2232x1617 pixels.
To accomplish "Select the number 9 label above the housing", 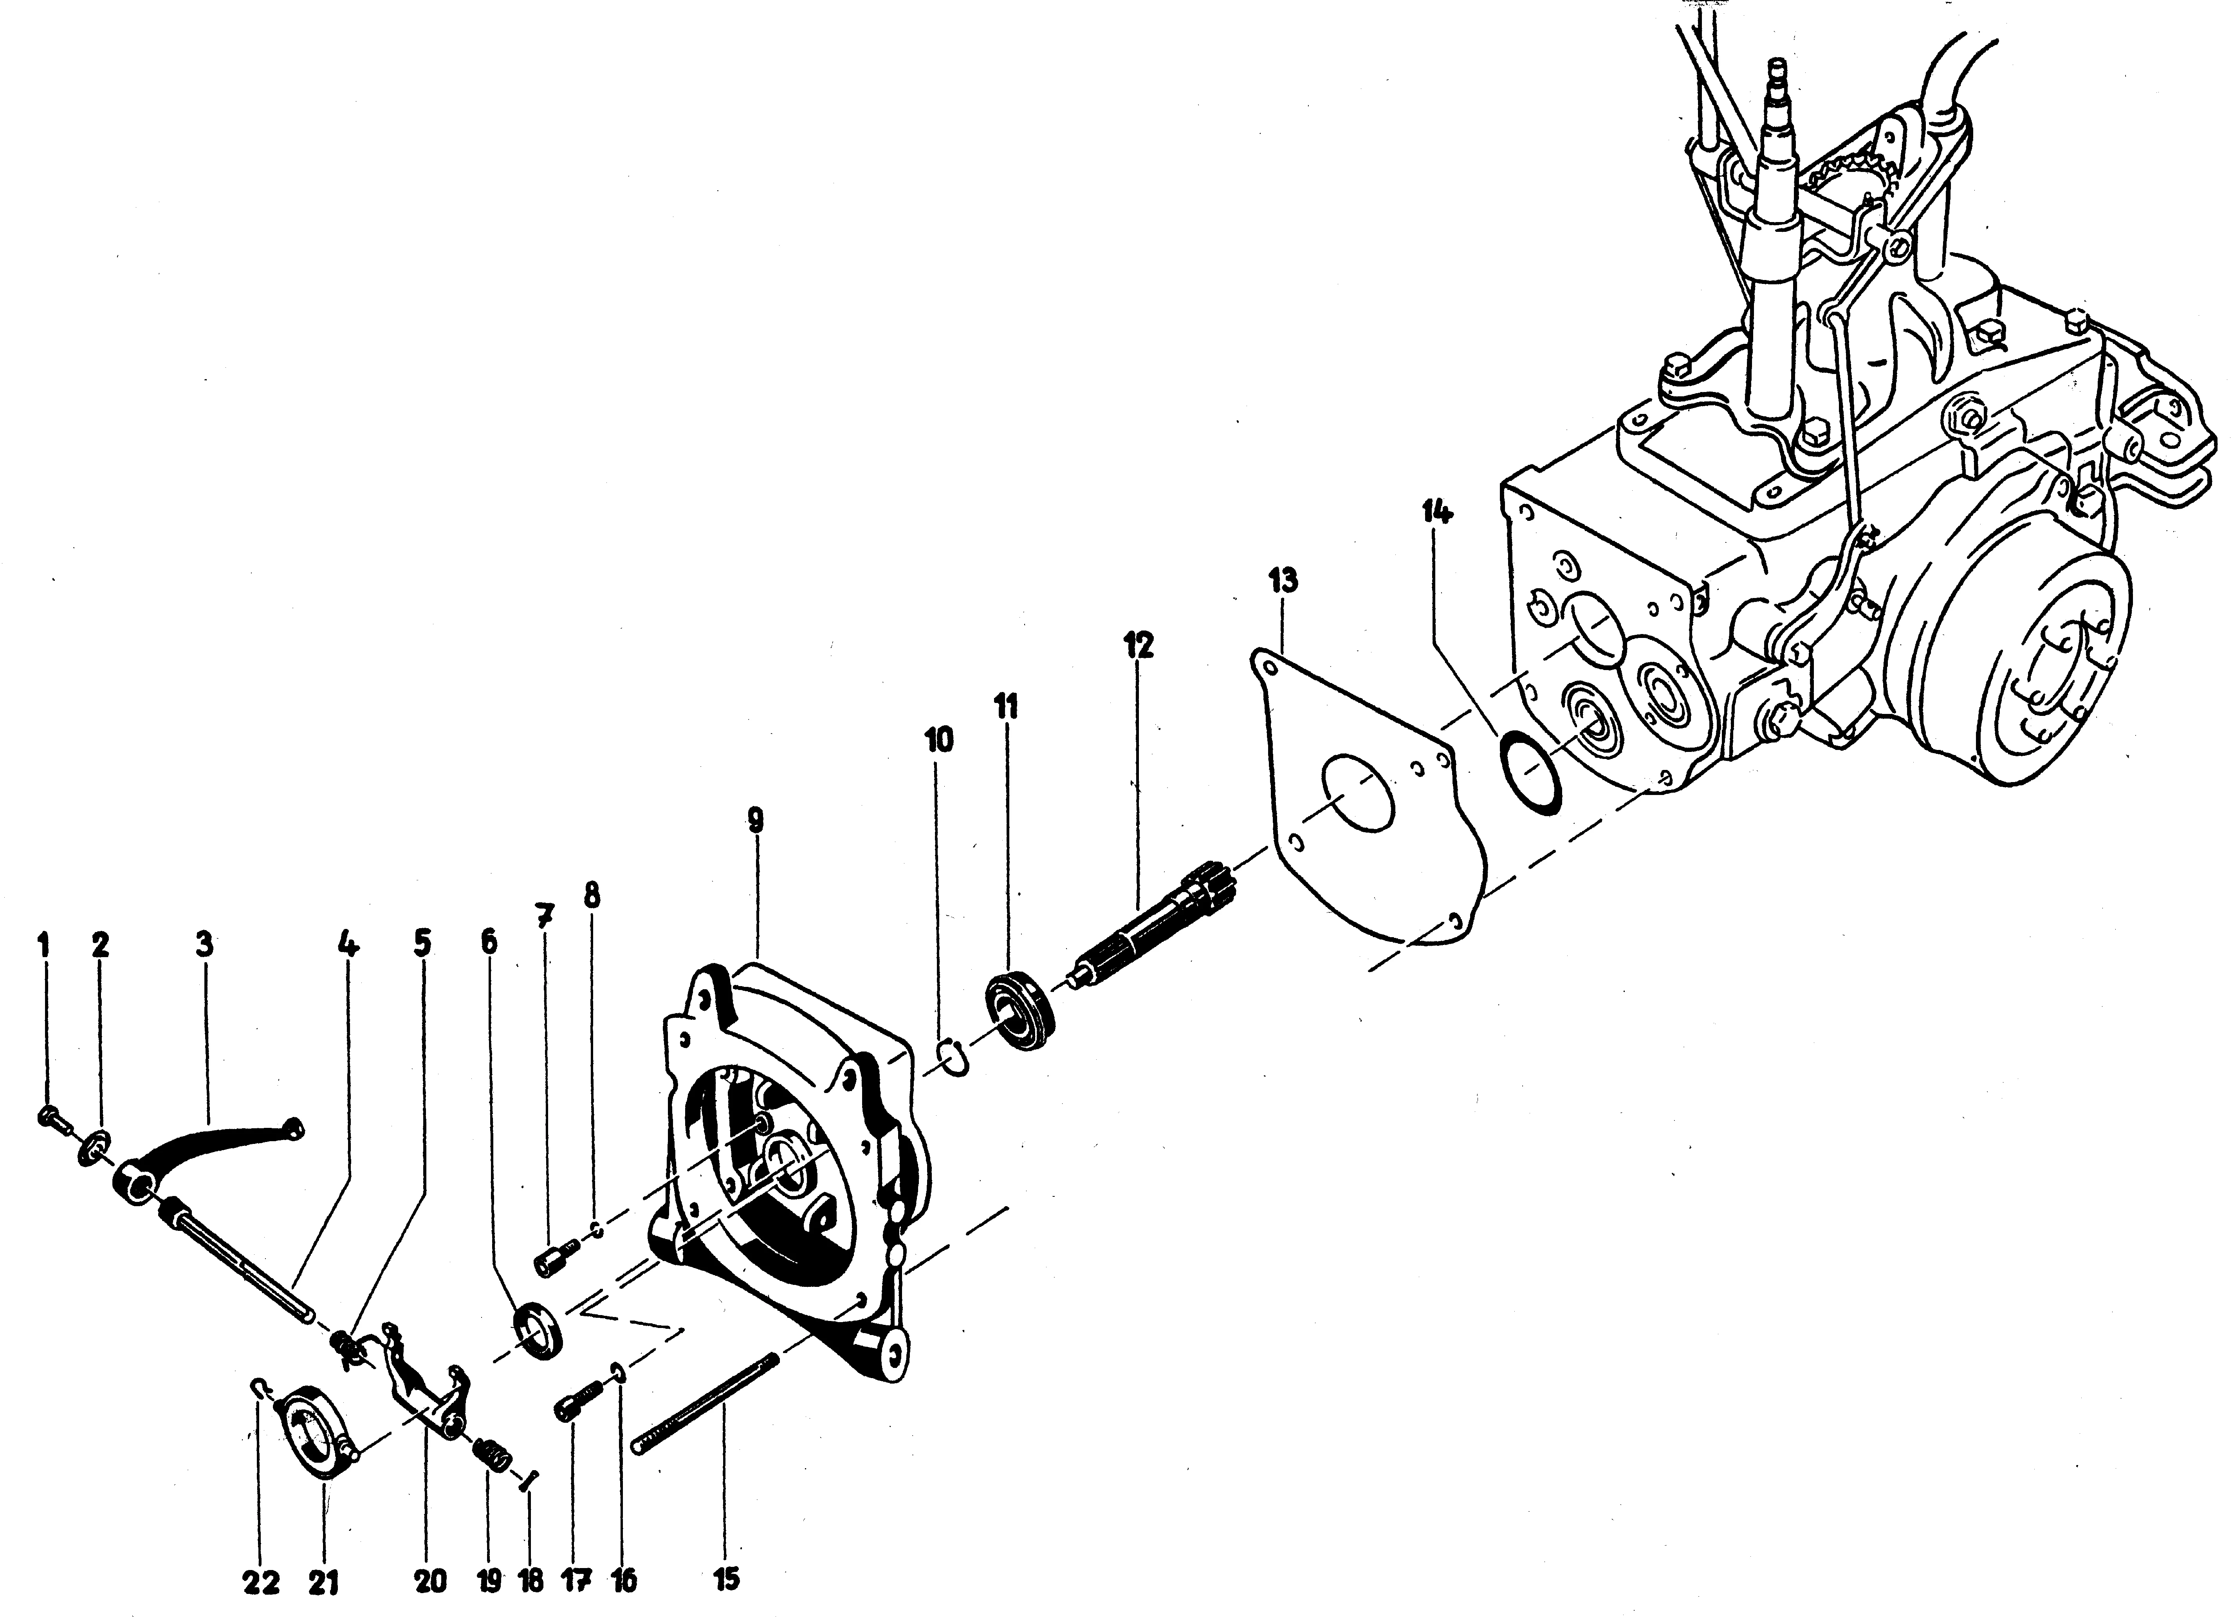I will pyautogui.click(x=755, y=820).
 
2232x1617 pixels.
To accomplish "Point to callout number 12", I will pyautogui.click(x=1139, y=646).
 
